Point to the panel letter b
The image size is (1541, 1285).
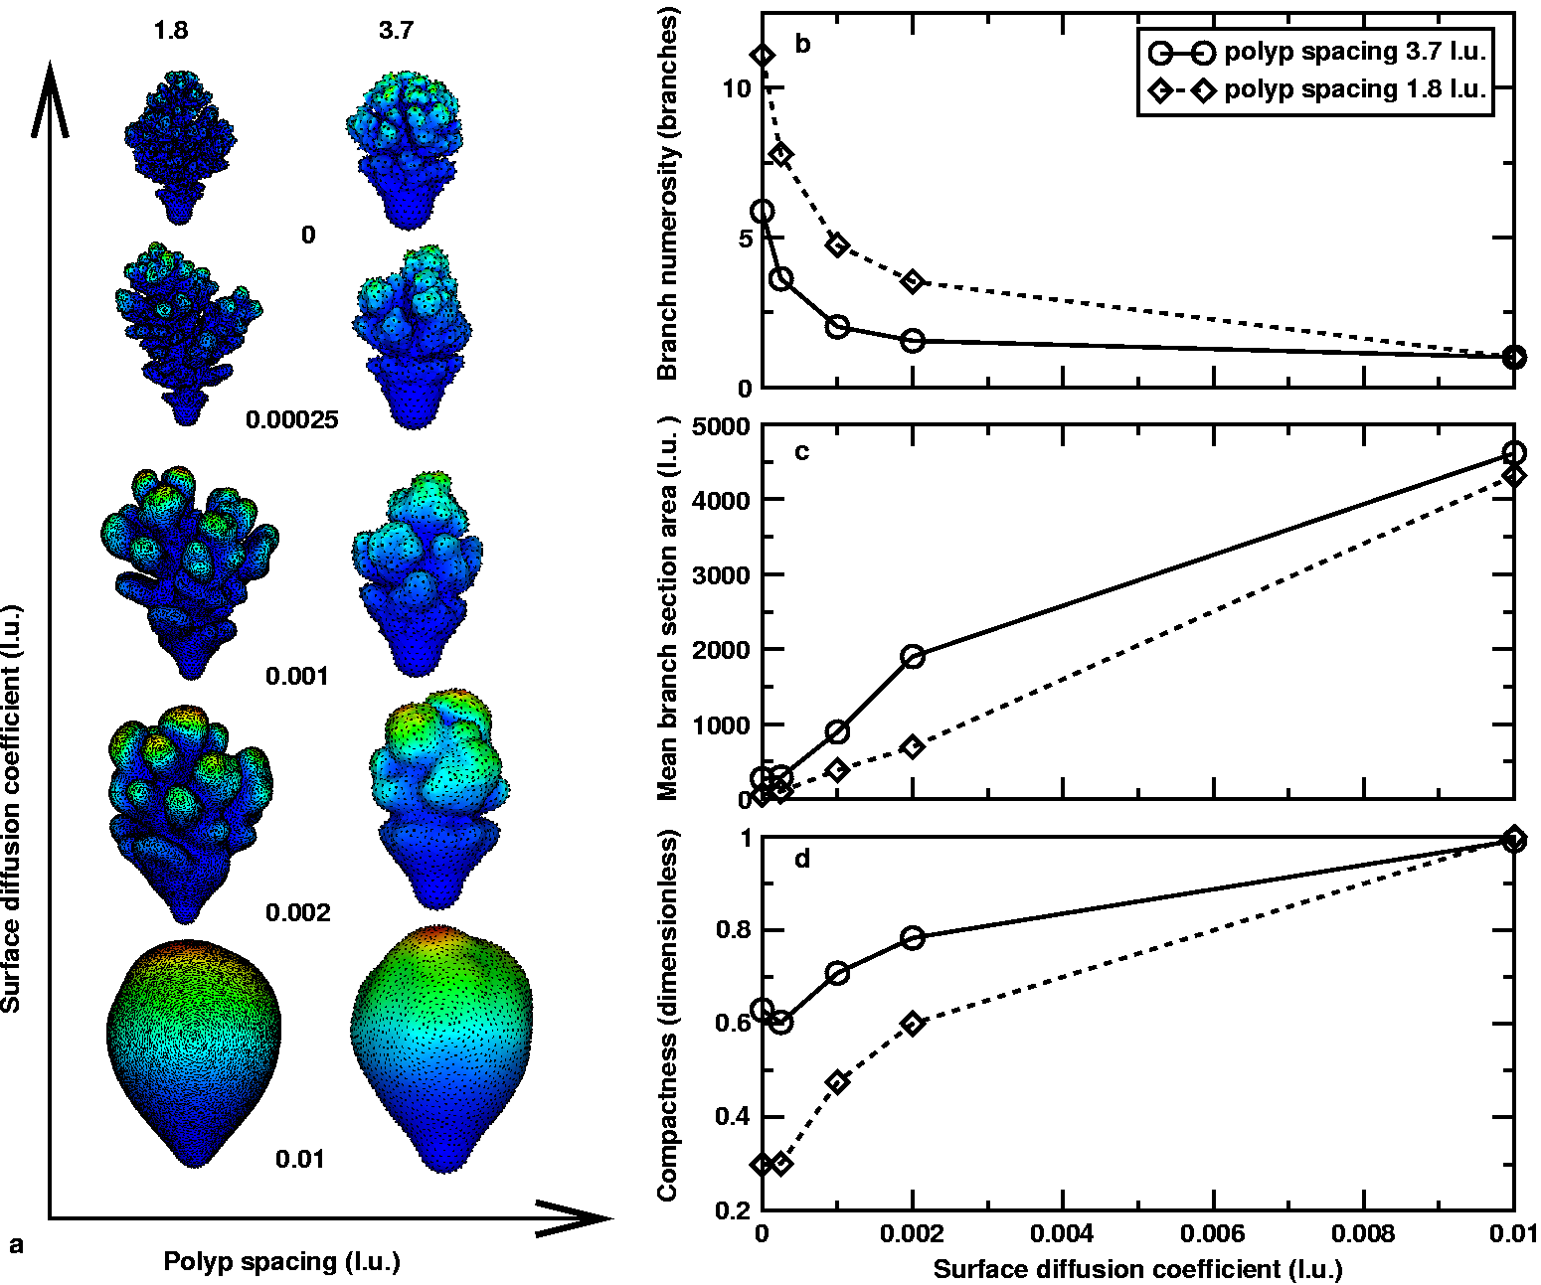tap(802, 44)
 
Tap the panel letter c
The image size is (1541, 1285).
tap(802, 452)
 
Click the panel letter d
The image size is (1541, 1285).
tap(802, 859)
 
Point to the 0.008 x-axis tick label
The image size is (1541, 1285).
tap(1364, 1233)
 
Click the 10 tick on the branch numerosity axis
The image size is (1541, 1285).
tap(737, 88)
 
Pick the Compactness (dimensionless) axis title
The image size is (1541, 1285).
tap(667, 1016)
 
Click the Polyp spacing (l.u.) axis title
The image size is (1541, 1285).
tap(281, 1262)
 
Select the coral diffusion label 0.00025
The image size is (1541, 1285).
tap(292, 419)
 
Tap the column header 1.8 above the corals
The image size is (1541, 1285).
tap(171, 31)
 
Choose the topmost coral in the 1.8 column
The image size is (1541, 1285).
tap(179, 144)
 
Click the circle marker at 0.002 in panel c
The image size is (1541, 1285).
tap(913, 656)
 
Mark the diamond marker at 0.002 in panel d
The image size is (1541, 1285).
tap(913, 1023)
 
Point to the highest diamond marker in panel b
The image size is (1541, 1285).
tap(763, 56)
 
